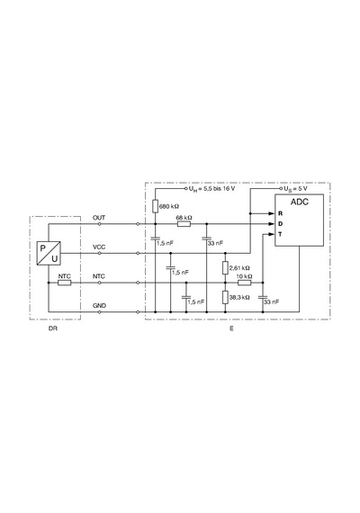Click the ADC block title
tap(300, 202)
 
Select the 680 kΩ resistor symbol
tap(155, 206)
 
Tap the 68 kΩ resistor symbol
tap(184, 224)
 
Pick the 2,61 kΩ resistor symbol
tap(225, 267)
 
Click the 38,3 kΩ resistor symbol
tap(225, 297)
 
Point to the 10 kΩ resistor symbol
tap(245, 283)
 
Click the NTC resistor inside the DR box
tap(65, 283)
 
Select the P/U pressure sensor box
tap(49, 253)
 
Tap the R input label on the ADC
tap(281, 213)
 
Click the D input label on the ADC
tap(281, 224)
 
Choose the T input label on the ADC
tap(280, 235)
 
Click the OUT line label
tap(99, 218)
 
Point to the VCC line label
tap(99, 247)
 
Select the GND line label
tap(99, 306)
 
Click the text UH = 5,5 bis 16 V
tap(211, 189)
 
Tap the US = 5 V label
tap(295, 189)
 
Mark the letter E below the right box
tap(231, 328)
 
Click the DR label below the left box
tap(53, 328)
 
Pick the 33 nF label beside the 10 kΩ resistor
tap(272, 301)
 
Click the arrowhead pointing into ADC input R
tap(271, 213)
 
